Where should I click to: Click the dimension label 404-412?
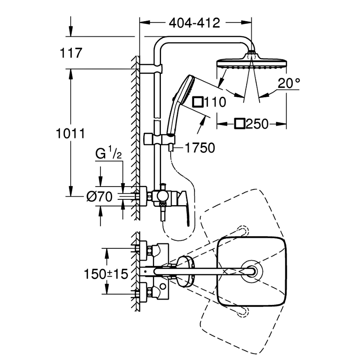coord(194,23)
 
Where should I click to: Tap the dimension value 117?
coord(71,53)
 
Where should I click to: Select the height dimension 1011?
coord(71,134)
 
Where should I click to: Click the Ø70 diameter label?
coord(99,197)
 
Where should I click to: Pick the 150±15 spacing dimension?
coord(106,274)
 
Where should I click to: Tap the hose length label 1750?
coord(200,148)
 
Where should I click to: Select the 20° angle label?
coord(289,83)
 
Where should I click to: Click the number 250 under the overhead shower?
coord(257,124)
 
